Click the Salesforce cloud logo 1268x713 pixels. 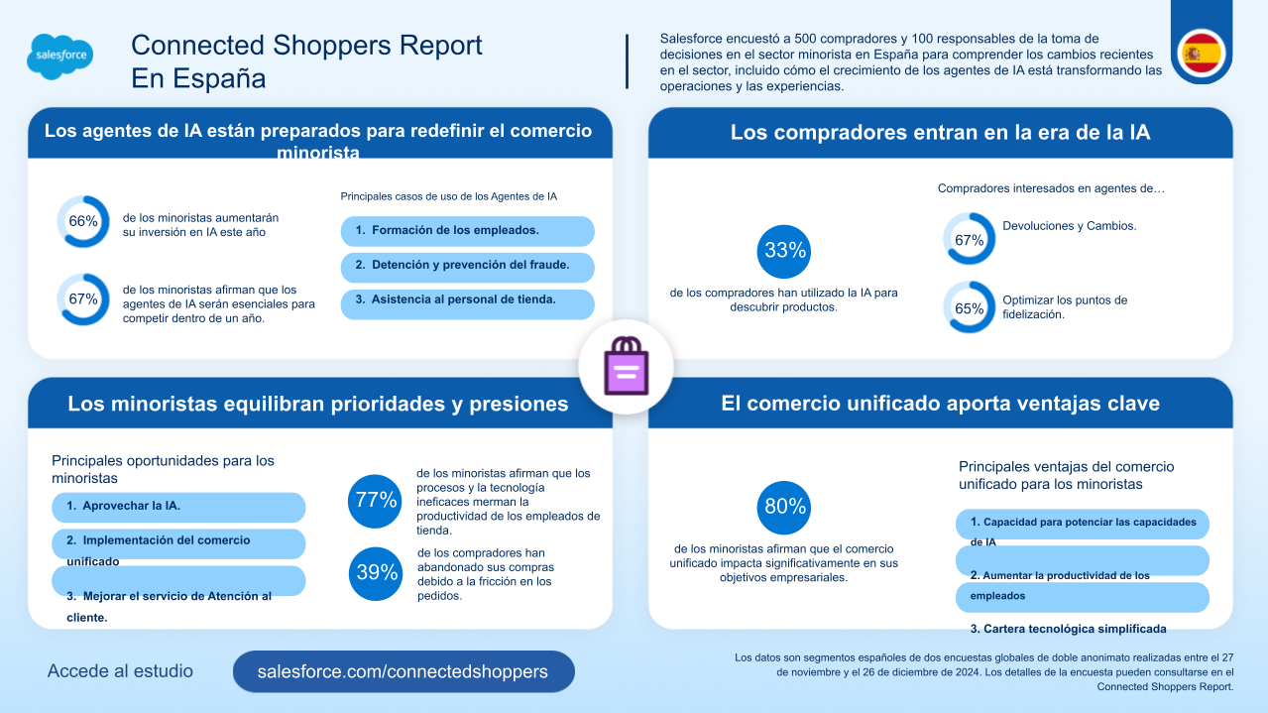[60, 58]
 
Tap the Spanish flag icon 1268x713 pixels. [1202, 52]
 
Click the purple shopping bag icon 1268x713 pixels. [626, 366]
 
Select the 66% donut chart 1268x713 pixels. [83, 221]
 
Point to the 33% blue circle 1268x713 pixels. [784, 251]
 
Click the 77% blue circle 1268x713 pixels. [376, 501]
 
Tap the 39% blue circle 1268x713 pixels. [376, 572]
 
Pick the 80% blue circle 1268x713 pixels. [784, 507]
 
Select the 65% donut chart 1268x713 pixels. [969, 308]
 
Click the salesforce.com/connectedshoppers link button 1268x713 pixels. [403, 671]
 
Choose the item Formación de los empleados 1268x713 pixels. [467, 230]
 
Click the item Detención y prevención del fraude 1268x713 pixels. [467, 266]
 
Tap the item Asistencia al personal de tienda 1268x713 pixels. [467, 299]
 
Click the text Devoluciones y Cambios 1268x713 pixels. [1069, 226]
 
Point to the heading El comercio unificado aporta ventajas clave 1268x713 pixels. [940, 404]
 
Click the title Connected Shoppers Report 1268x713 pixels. [306, 46]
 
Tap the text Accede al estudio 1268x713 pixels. [120, 671]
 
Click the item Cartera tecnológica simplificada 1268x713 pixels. [1067, 629]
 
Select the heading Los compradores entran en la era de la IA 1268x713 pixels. [940, 133]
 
